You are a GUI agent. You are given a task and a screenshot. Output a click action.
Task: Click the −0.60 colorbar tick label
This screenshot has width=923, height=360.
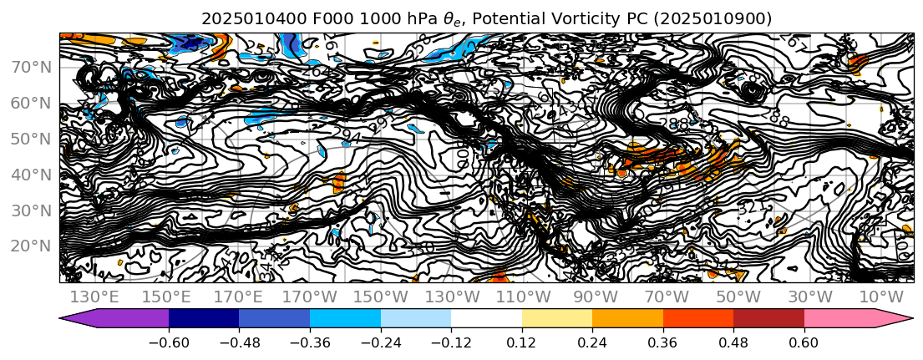(168, 342)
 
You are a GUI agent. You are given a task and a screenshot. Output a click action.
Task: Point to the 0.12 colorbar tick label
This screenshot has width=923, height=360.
(522, 342)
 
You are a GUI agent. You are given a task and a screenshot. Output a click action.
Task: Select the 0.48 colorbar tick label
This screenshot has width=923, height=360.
(733, 342)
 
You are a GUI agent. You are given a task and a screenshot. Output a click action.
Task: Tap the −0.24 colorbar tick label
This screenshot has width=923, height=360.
(380, 342)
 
